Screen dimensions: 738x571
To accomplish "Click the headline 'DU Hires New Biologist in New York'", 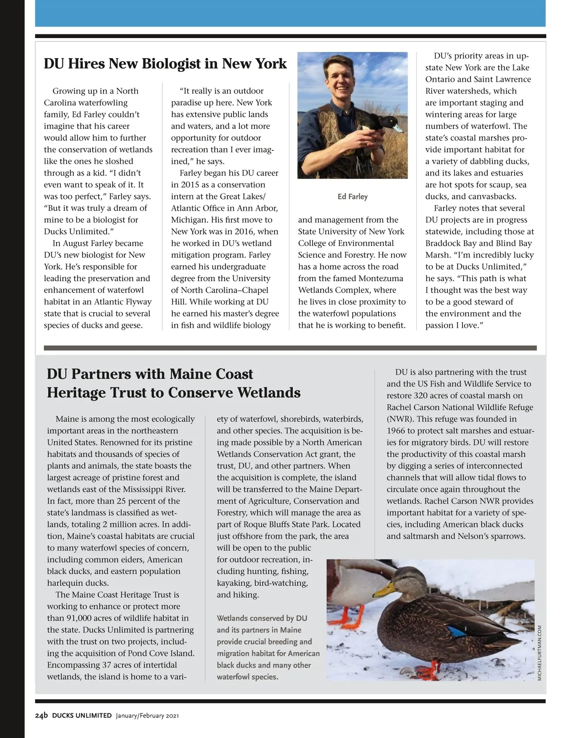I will (x=165, y=64).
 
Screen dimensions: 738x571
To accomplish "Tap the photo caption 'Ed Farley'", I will (x=353, y=197).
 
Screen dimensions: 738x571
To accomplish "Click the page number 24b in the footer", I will (x=41, y=715).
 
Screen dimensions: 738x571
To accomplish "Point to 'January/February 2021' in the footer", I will (x=147, y=716).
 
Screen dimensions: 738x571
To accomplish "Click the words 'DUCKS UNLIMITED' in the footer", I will (x=82, y=716).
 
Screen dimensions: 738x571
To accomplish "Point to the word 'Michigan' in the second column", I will (x=188, y=220).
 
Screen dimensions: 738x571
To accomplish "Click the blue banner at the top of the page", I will (x=290, y=13).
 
